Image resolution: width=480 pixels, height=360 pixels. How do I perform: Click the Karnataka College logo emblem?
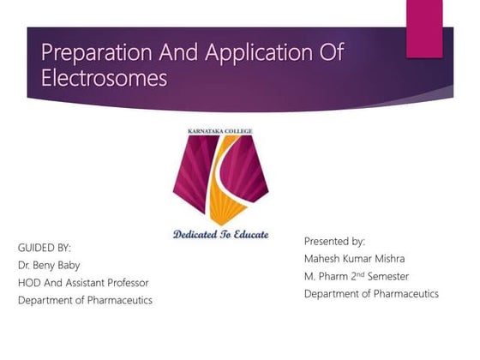pyautogui.click(x=225, y=180)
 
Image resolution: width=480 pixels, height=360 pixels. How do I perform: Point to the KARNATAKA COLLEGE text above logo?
pyautogui.click(x=225, y=132)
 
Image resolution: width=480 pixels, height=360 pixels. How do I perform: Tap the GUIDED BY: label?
pyautogui.click(x=45, y=248)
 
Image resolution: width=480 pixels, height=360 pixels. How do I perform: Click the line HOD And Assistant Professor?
pyautogui.click(x=83, y=283)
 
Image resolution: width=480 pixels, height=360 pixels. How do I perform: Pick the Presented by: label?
pyautogui.click(x=334, y=242)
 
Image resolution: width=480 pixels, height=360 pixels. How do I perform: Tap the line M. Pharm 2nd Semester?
pyautogui.click(x=356, y=276)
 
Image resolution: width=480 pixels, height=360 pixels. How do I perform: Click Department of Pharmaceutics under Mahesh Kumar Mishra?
pyautogui.click(x=371, y=294)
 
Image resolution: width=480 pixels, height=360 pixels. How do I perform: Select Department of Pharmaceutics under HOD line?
pyautogui.click(x=85, y=300)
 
